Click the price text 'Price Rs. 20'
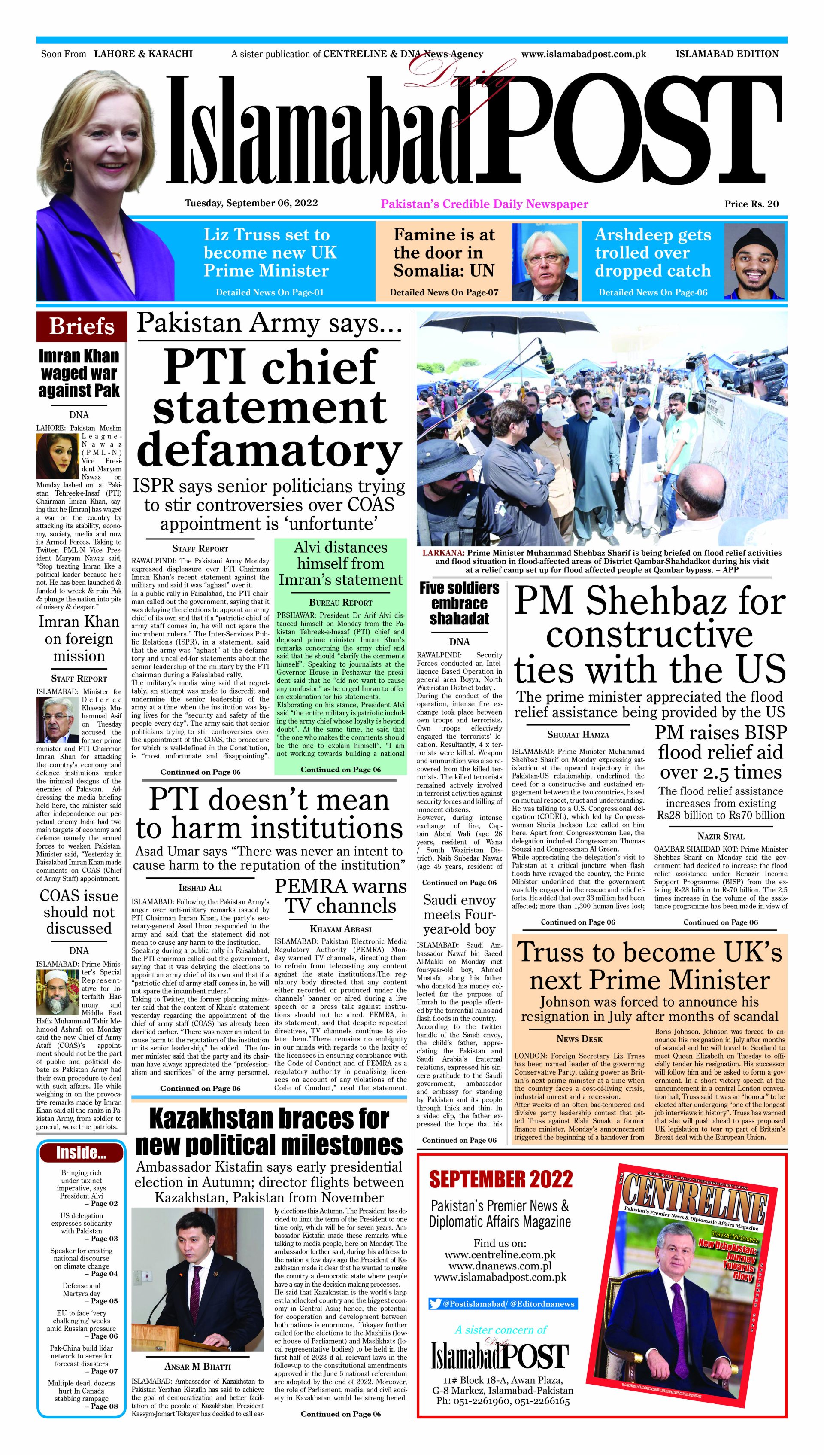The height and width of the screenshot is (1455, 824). coord(751,204)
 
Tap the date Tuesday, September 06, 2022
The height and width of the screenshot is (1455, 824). coord(251,203)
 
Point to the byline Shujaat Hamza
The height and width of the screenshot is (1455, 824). coord(578,734)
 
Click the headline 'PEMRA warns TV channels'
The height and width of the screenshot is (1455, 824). coord(340,896)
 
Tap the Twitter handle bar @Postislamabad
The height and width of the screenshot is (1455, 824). coord(503,1304)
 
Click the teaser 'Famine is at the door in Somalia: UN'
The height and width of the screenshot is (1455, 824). coord(444,253)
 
